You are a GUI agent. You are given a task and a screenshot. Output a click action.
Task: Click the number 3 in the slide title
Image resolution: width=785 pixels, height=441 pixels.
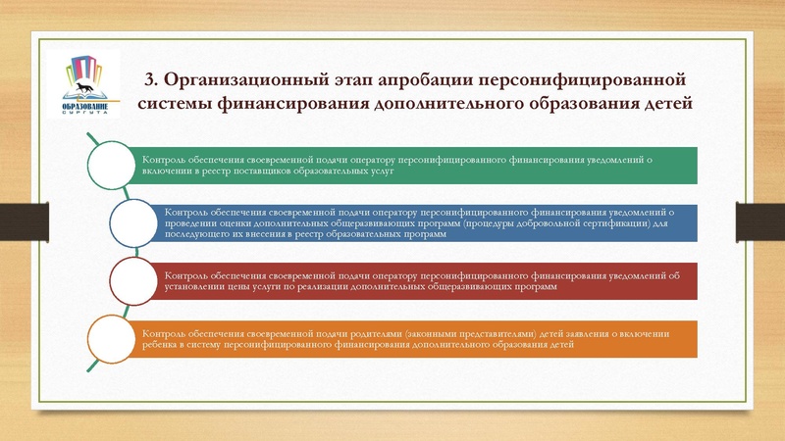[150, 79]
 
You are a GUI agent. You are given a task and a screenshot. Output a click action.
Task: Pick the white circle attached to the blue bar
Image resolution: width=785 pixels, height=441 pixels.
[136, 222]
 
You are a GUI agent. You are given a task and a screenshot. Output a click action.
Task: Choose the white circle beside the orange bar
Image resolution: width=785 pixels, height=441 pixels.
[114, 339]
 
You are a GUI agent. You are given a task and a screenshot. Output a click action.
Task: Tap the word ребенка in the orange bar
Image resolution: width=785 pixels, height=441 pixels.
[163, 345]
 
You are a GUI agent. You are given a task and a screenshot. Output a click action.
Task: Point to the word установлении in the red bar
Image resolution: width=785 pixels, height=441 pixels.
[195, 288]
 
